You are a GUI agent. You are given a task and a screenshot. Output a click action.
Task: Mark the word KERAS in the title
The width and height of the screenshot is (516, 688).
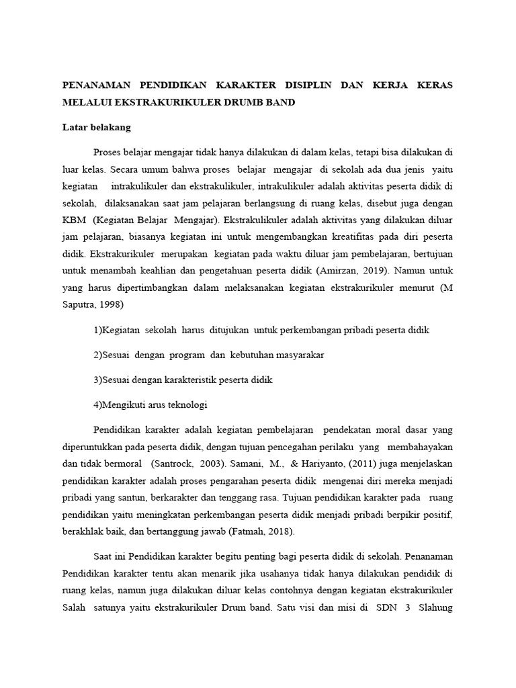click(434, 85)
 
